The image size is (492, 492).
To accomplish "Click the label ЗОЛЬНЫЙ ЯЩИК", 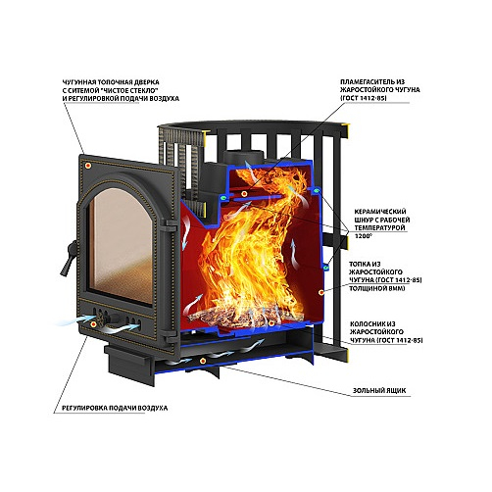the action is coord(379,390).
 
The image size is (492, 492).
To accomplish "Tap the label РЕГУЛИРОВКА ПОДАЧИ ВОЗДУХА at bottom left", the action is coord(115,408).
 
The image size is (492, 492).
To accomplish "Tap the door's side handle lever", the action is coord(69,258).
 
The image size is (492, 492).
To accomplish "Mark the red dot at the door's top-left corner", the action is coord(87,166).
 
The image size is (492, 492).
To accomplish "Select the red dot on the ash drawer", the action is coord(203,361).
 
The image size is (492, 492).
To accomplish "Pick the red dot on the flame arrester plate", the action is coord(244,194).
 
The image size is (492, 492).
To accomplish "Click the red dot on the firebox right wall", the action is coord(321,292).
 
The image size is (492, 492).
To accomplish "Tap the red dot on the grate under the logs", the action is coord(271,323).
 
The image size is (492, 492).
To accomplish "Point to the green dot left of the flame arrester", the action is coord(223,198).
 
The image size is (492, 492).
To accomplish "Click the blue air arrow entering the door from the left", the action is coord(75,320).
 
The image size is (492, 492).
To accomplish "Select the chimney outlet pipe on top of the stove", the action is coord(244,157).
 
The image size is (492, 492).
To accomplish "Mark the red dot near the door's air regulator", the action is coord(93,324).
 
